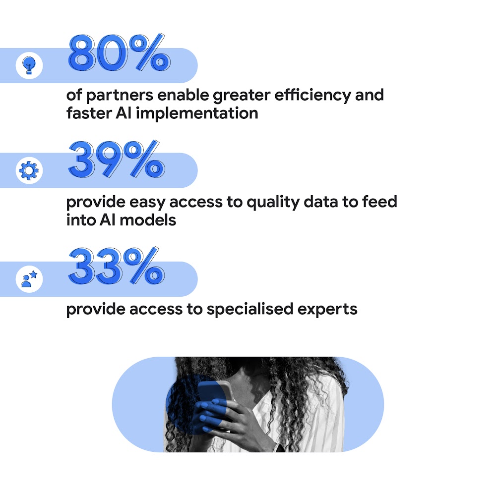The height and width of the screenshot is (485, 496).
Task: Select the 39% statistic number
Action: click(116, 160)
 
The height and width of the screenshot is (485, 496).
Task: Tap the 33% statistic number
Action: click(116, 266)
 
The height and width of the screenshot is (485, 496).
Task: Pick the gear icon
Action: click(29, 171)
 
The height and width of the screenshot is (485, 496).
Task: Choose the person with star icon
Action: click(29, 279)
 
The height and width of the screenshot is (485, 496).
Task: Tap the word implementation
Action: click(197, 113)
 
